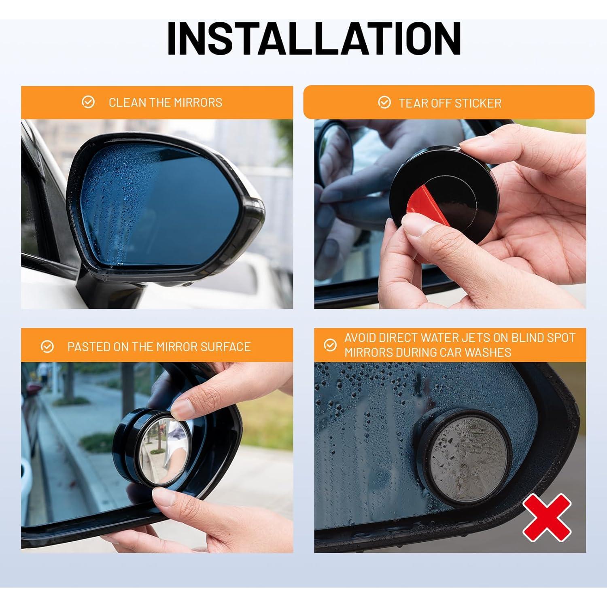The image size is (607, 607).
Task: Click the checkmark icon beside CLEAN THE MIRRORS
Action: [88, 102]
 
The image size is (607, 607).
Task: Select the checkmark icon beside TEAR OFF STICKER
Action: [384, 103]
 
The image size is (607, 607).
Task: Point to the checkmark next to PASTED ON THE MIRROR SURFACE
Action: [47, 347]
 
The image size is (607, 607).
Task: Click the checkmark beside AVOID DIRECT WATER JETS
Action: [330, 345]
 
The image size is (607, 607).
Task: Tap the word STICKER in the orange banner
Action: [477, 103]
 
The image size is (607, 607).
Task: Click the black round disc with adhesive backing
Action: [441, 190]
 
